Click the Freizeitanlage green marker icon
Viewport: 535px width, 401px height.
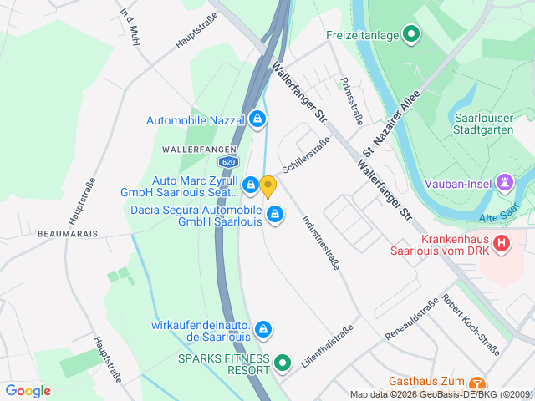(x=410, y=34)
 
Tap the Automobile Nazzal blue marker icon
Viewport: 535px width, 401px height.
(x=257, y=120)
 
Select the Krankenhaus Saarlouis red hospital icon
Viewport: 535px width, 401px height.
(x=502, y=243)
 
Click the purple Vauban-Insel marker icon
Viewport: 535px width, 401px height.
(x=505, y=181)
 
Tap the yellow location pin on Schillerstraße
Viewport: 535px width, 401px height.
(x=267, y=185)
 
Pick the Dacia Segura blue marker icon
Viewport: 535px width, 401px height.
(x=273, y=216)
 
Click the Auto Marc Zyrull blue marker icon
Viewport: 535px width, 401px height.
(x=250, y=184)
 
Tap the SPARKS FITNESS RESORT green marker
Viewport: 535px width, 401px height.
(x=283, y=363)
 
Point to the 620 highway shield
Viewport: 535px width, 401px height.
(x=228, y=162)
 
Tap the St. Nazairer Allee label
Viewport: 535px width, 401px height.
(x=390, y=124)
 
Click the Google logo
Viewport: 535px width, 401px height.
(x=28, y=391)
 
